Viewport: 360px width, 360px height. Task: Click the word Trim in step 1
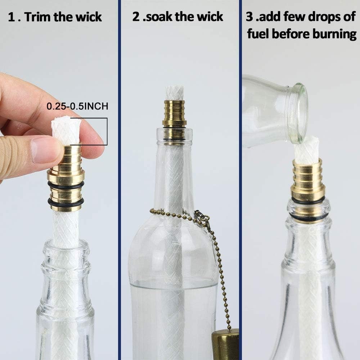[37, 17]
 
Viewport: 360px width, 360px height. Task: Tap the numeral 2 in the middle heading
[136, 17]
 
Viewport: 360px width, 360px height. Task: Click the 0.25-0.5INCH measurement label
[77, 106]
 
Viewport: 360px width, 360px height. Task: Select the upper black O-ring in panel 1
[66, 185]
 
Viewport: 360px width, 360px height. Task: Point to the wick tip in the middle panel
[174, 93]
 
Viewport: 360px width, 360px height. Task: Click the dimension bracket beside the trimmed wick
[107, 131]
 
